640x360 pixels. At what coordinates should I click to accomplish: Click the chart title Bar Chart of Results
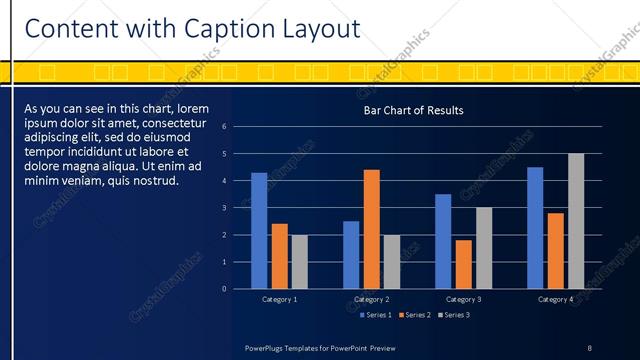413,110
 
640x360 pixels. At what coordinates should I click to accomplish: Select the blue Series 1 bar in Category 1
259,230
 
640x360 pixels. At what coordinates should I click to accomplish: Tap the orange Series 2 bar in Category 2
371,229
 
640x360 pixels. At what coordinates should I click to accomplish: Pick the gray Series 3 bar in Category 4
576,221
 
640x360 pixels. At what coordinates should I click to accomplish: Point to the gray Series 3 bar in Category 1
299,261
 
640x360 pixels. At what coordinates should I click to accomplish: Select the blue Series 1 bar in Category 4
535,228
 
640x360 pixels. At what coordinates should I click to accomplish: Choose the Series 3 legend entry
453,315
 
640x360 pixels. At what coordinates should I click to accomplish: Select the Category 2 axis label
371,299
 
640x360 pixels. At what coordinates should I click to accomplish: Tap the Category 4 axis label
556,299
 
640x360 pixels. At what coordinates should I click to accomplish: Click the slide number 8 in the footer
589,347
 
